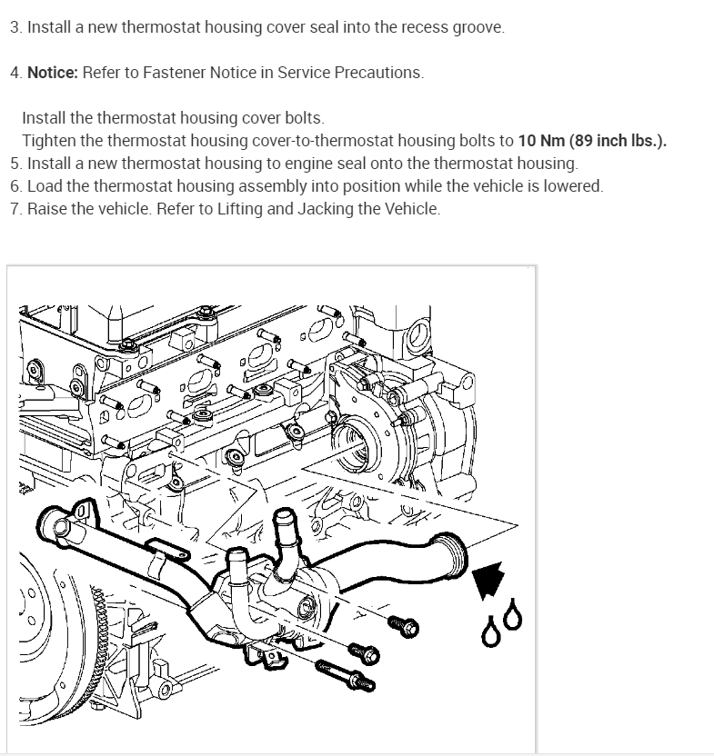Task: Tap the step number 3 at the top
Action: pos(15,27)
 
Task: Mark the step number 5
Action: pos(15,164)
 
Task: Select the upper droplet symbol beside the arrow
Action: pos(514,615)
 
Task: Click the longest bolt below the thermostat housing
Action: pos(345,675)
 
